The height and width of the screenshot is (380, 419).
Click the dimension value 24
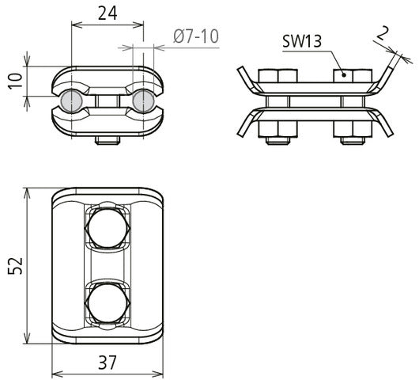tap(108, 13)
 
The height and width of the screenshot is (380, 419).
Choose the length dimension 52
tap(13, 266)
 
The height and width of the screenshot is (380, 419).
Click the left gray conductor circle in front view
tap(70, 101)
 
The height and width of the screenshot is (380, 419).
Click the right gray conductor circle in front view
tap(143, 101)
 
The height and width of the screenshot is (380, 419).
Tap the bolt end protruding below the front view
tap(107, 142)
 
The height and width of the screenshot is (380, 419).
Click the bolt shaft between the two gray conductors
tap(107, 101)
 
